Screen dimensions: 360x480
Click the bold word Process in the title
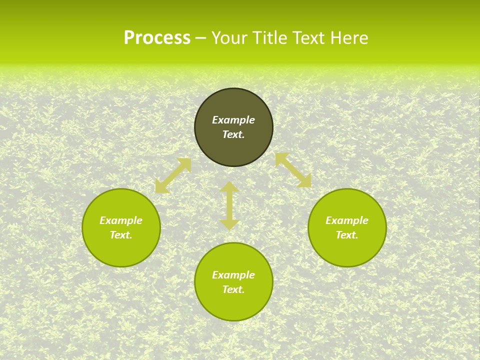click(157, 38)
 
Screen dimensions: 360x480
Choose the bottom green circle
click(233, 305)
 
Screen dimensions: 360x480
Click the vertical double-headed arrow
click(229, 206)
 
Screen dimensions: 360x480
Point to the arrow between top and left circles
click(173, 175)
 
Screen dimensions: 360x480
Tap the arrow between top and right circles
click(293, 170)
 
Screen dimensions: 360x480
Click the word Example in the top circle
click(233, 120)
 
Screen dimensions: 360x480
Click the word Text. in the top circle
click(233, 134)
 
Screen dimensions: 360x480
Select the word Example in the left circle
click(121, 220)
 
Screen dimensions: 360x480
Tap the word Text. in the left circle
click(121, 235)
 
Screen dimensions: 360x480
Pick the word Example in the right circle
click(347, 220)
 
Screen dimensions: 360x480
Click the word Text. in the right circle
click(347, 235)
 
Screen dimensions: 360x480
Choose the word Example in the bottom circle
click(233, 275)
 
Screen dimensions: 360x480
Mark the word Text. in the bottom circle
click(233, 289)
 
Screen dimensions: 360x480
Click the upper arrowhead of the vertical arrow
click(229, 187)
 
